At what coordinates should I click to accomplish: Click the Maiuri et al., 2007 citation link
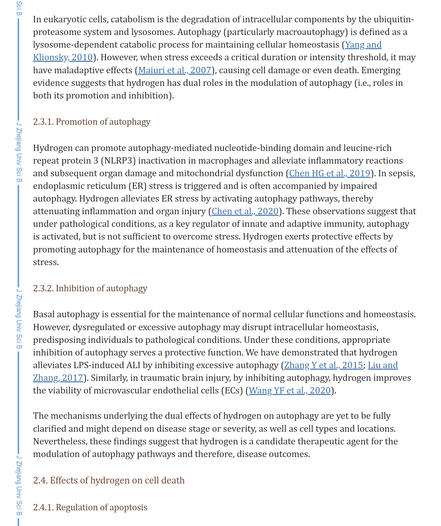pyautogui.click(x=174, y=70)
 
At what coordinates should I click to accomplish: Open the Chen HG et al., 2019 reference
pyautogui.click(x=329, y=173)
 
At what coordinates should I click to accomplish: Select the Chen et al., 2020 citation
pyautogui.click(x=245, y=211)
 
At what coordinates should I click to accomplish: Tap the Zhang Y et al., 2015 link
pyautogui.click(x=323, y=365)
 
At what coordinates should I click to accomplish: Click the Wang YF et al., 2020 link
pyautogui.click(x=290, y=390)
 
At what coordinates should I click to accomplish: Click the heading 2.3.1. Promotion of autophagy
pyautogui.click(x=91, y=122)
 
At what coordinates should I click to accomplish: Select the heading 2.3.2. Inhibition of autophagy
pyautogui.click(x=90, y=288)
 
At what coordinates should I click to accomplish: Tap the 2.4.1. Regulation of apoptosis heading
pyautogui.click(x=90, y=507)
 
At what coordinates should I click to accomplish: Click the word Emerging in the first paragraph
pyautogui.click(x=381, y=70)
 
